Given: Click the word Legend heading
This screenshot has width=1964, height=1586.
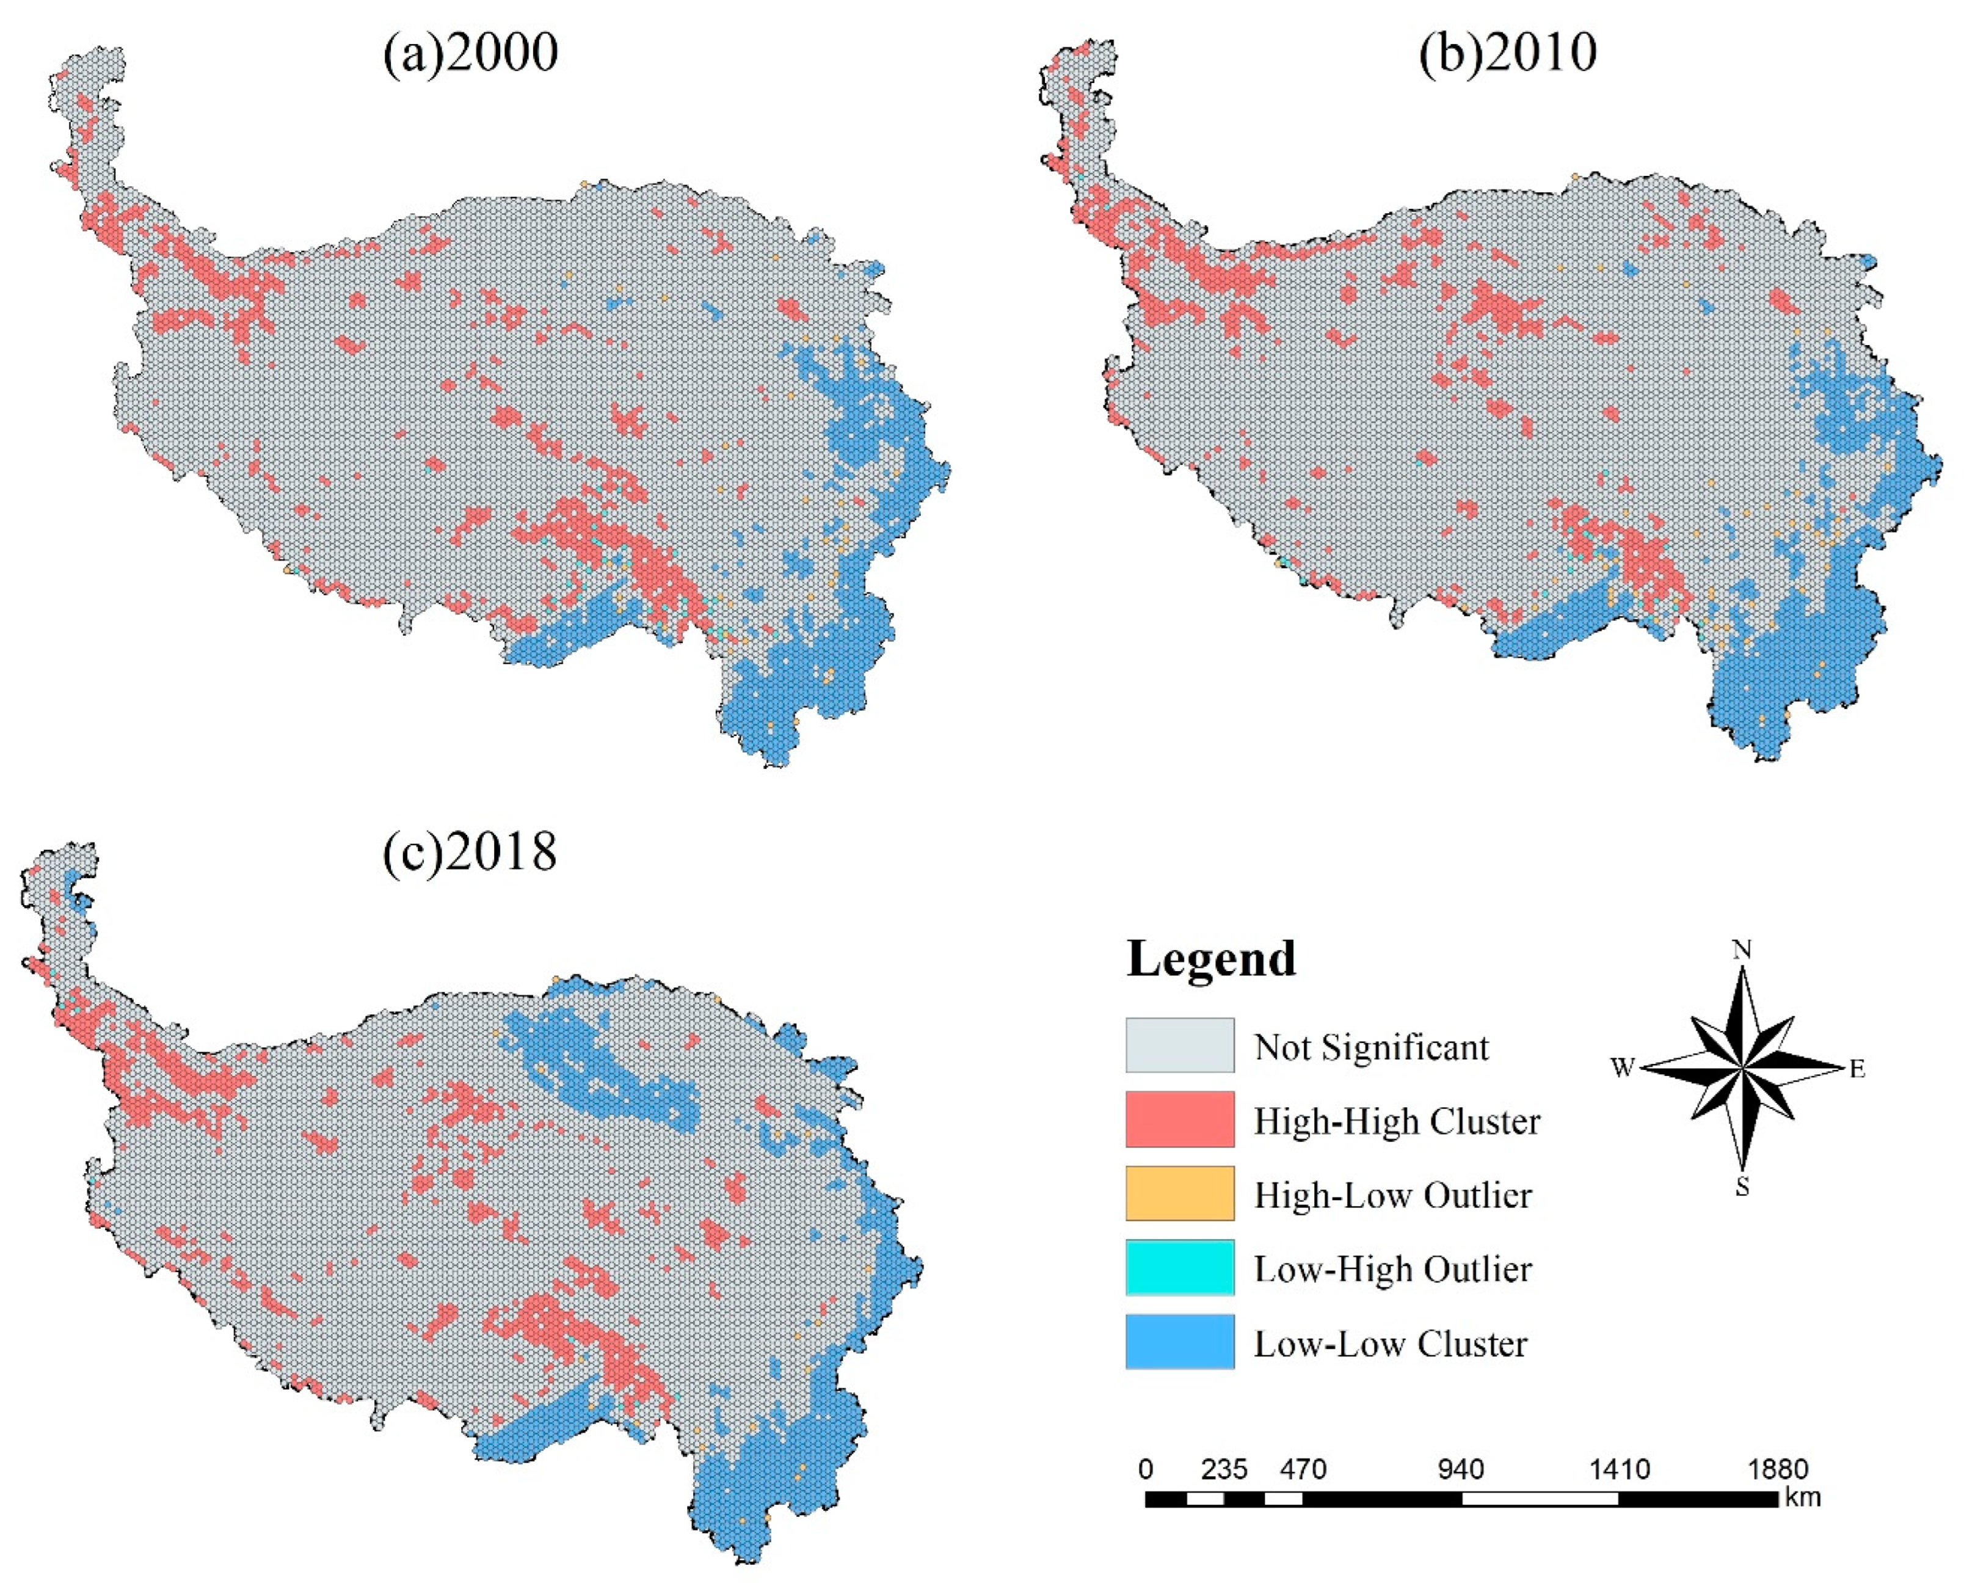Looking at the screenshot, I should click(x=1211, y=958).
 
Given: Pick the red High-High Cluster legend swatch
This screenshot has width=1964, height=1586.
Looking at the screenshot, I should click(x=1179, y=1119).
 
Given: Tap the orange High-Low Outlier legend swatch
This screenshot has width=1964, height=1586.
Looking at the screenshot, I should click(x=1179, y=1193).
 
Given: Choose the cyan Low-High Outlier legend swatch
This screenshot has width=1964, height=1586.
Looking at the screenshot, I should click(x=1179, y=1267).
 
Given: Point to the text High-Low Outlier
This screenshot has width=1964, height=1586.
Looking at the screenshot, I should click(x=1392, y=1195).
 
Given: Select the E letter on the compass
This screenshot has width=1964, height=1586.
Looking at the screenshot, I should click(x=1857, y=1069).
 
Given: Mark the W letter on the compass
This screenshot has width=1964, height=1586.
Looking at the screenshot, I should click(x=1623, y=1068).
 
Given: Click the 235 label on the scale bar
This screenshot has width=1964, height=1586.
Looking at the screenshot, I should click(x=1224, y=1470).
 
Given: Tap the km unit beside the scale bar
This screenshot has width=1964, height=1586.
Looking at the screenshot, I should click(x=1802, y=1497).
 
